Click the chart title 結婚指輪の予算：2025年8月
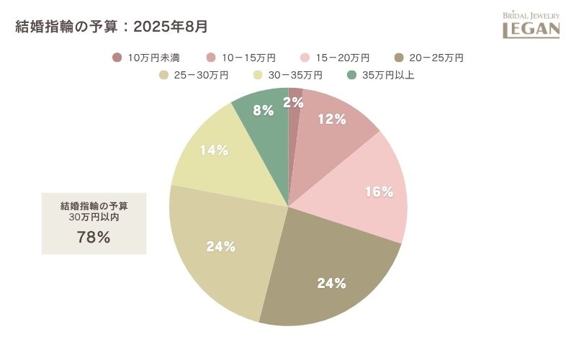pyautogui.click(x=112, y=27)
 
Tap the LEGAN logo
pyautogui.click(x=531, y=25)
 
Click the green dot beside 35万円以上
pyautogui.click(x=352, y=75)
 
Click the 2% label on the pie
pyautogui.click(x=293, y=103)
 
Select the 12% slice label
pyautogui.click(x=332, y=120)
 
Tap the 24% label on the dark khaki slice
pyautogui.click(x=332, y=283)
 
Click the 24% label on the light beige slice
pyautogui.click(x=221, y=246)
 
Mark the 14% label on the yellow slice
pyautogui.click(x=214, y=150)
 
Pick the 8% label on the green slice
pyautogui.click(x=264, y=111)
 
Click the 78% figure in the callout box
pyautogui.click(x=94, y=237)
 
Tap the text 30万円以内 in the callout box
pyautogui.click(x=94, y=217)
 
